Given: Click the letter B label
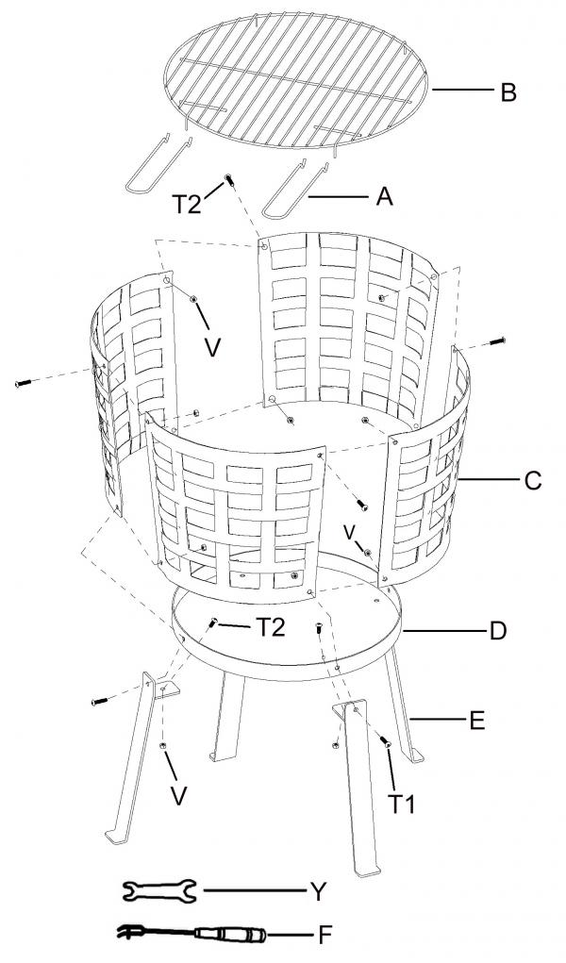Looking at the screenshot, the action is [508, 92].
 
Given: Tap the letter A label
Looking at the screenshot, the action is [384, 197].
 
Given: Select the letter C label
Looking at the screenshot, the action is [533, 480].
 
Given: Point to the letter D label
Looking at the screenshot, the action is [498, 631].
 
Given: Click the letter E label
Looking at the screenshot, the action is [477, 721].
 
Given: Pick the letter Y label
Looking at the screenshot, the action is [318, 891].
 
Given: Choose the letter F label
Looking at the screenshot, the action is [325, 936].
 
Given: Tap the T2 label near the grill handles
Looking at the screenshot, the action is [186, 204].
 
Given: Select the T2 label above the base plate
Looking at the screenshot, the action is [271, 627].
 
